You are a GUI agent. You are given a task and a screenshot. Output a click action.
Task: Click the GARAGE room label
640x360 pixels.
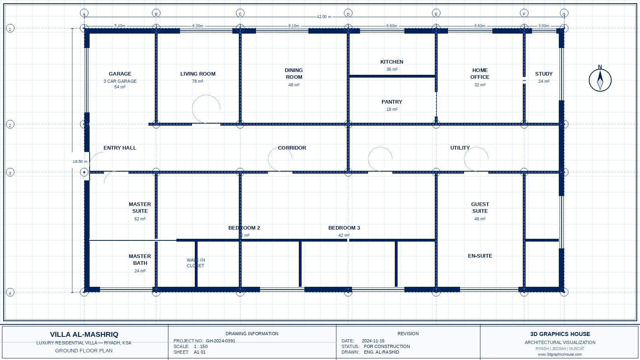tap(120, 74)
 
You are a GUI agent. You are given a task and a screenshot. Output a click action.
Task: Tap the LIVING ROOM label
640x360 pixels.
tap(198, 74)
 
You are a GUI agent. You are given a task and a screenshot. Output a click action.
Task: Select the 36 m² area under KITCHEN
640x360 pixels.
tap(392, 69)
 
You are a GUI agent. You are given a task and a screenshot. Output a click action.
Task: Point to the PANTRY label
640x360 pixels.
tap(392, 102)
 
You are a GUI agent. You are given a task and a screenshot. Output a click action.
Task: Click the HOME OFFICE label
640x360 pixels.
tap(480, 74)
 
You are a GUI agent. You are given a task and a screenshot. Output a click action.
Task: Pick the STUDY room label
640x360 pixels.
tap(544, 74)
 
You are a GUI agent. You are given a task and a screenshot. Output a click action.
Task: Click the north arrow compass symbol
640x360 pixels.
tap(600, 80)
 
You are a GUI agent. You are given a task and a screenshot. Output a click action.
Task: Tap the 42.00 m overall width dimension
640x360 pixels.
tap(324, 17)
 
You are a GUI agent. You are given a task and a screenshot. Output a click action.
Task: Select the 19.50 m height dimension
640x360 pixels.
tap(80, 162)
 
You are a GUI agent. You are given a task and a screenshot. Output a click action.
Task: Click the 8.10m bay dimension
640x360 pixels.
tap(294, 26)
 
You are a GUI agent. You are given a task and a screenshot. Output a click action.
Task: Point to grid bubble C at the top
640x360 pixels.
tap(240, 14)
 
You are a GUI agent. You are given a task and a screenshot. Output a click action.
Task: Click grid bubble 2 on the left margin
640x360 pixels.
tap(10, 125)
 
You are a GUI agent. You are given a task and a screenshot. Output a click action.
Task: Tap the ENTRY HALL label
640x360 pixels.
tap(120, 148)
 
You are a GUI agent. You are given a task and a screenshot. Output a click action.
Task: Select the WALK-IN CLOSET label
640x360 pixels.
tap(196, 263)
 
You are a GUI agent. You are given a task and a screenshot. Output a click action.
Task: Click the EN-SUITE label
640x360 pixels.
tap(480, 256)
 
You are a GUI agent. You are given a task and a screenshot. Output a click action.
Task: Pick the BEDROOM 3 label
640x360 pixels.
tap(344, 228)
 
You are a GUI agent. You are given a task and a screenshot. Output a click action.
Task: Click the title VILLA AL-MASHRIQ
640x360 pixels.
tap(84, 334)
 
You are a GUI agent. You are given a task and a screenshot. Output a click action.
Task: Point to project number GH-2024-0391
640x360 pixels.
tap(220, 341)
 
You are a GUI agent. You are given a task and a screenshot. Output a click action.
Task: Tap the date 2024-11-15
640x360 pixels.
tap(373, 341)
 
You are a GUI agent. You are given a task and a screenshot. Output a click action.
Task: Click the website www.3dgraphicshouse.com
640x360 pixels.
tap(560, 354)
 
